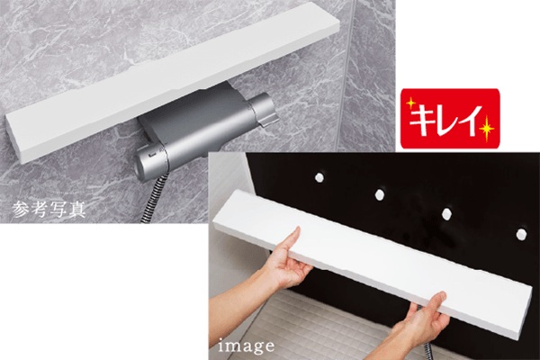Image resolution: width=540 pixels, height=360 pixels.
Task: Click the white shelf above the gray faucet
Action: [172, 83]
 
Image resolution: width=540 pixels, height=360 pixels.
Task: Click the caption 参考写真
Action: [49, 209]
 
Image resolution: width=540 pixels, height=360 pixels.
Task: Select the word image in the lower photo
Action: [247, 346]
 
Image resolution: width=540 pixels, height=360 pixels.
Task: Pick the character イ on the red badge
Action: [471, 118]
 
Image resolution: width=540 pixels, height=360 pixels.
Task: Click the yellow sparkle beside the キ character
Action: [410, 103]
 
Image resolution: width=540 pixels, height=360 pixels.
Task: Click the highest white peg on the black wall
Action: [319, 177]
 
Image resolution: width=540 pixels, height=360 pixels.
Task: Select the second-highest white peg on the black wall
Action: [380, 194]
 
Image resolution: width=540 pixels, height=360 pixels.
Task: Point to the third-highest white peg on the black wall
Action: [447, 213]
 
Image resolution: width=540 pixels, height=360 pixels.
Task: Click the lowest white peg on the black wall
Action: [521, 234]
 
